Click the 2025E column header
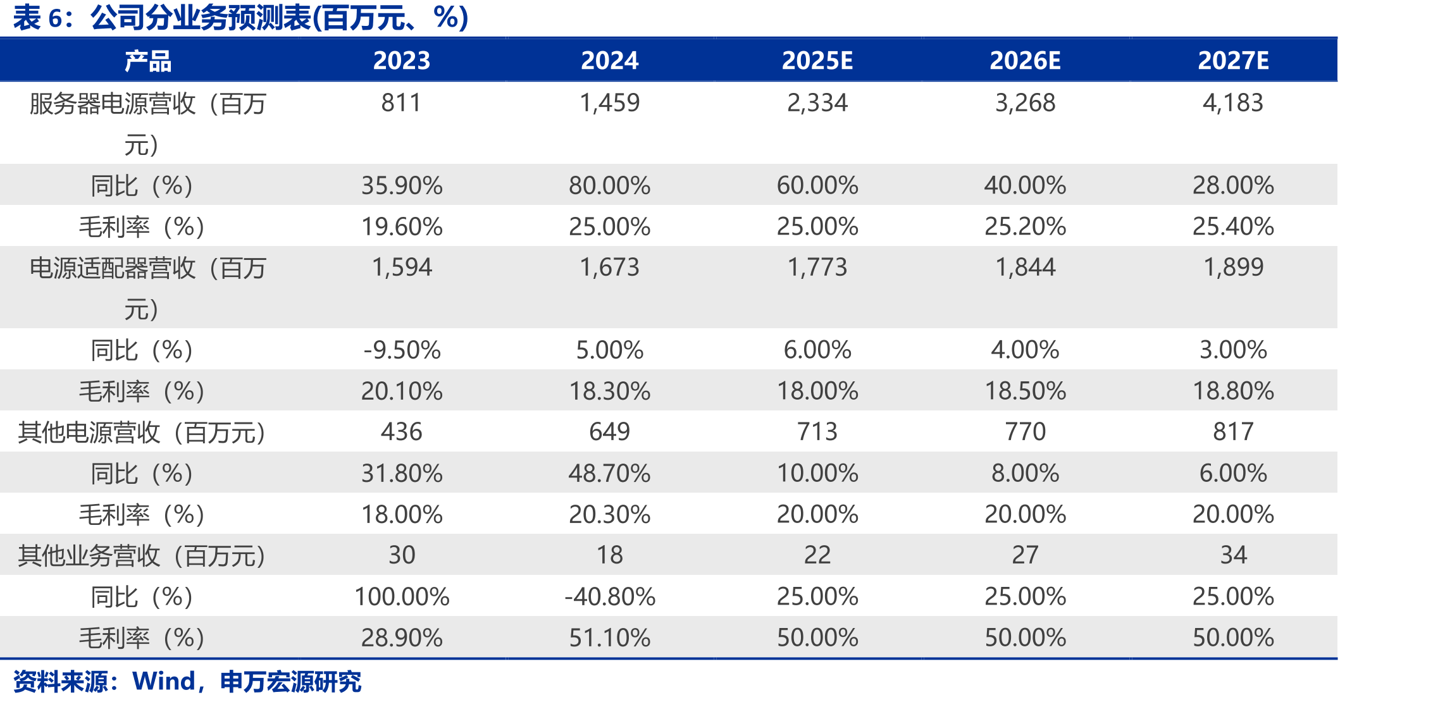pyautogui.click(x=817, y=61)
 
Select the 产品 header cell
pyautogui.click(x=148, y=61)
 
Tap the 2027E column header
pyautogui.click(x=1233, y=61)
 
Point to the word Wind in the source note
pyautogui.click(x=164, y=681)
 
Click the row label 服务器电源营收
pyautogui.click(x=113, y=104)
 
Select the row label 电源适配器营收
pyautogui.click(x=113, y=268)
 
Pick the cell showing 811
pyautogui.click(x=401, y=102)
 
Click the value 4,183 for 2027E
pyautogui.click(x=1233, y=102)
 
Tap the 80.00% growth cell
pyautogui.click(x=609, y=185)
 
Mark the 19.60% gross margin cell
pyautogui.click(x=402, y=226)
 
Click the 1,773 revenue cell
pyautogui.click(x=817, y=267)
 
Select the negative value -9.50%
pyautogui.click(x=402, y=350)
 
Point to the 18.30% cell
pyautogui.click(x=609, y=391)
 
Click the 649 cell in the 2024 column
pyautogui.click(x=609, y=431)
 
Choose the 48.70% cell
pyautogui.click(x=609, y=473)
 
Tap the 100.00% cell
pyautogui.click(x=402, y=596)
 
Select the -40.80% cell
pyautogui.click(x=609, y=596)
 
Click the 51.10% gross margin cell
pyautogui.click(x=609, y=637)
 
